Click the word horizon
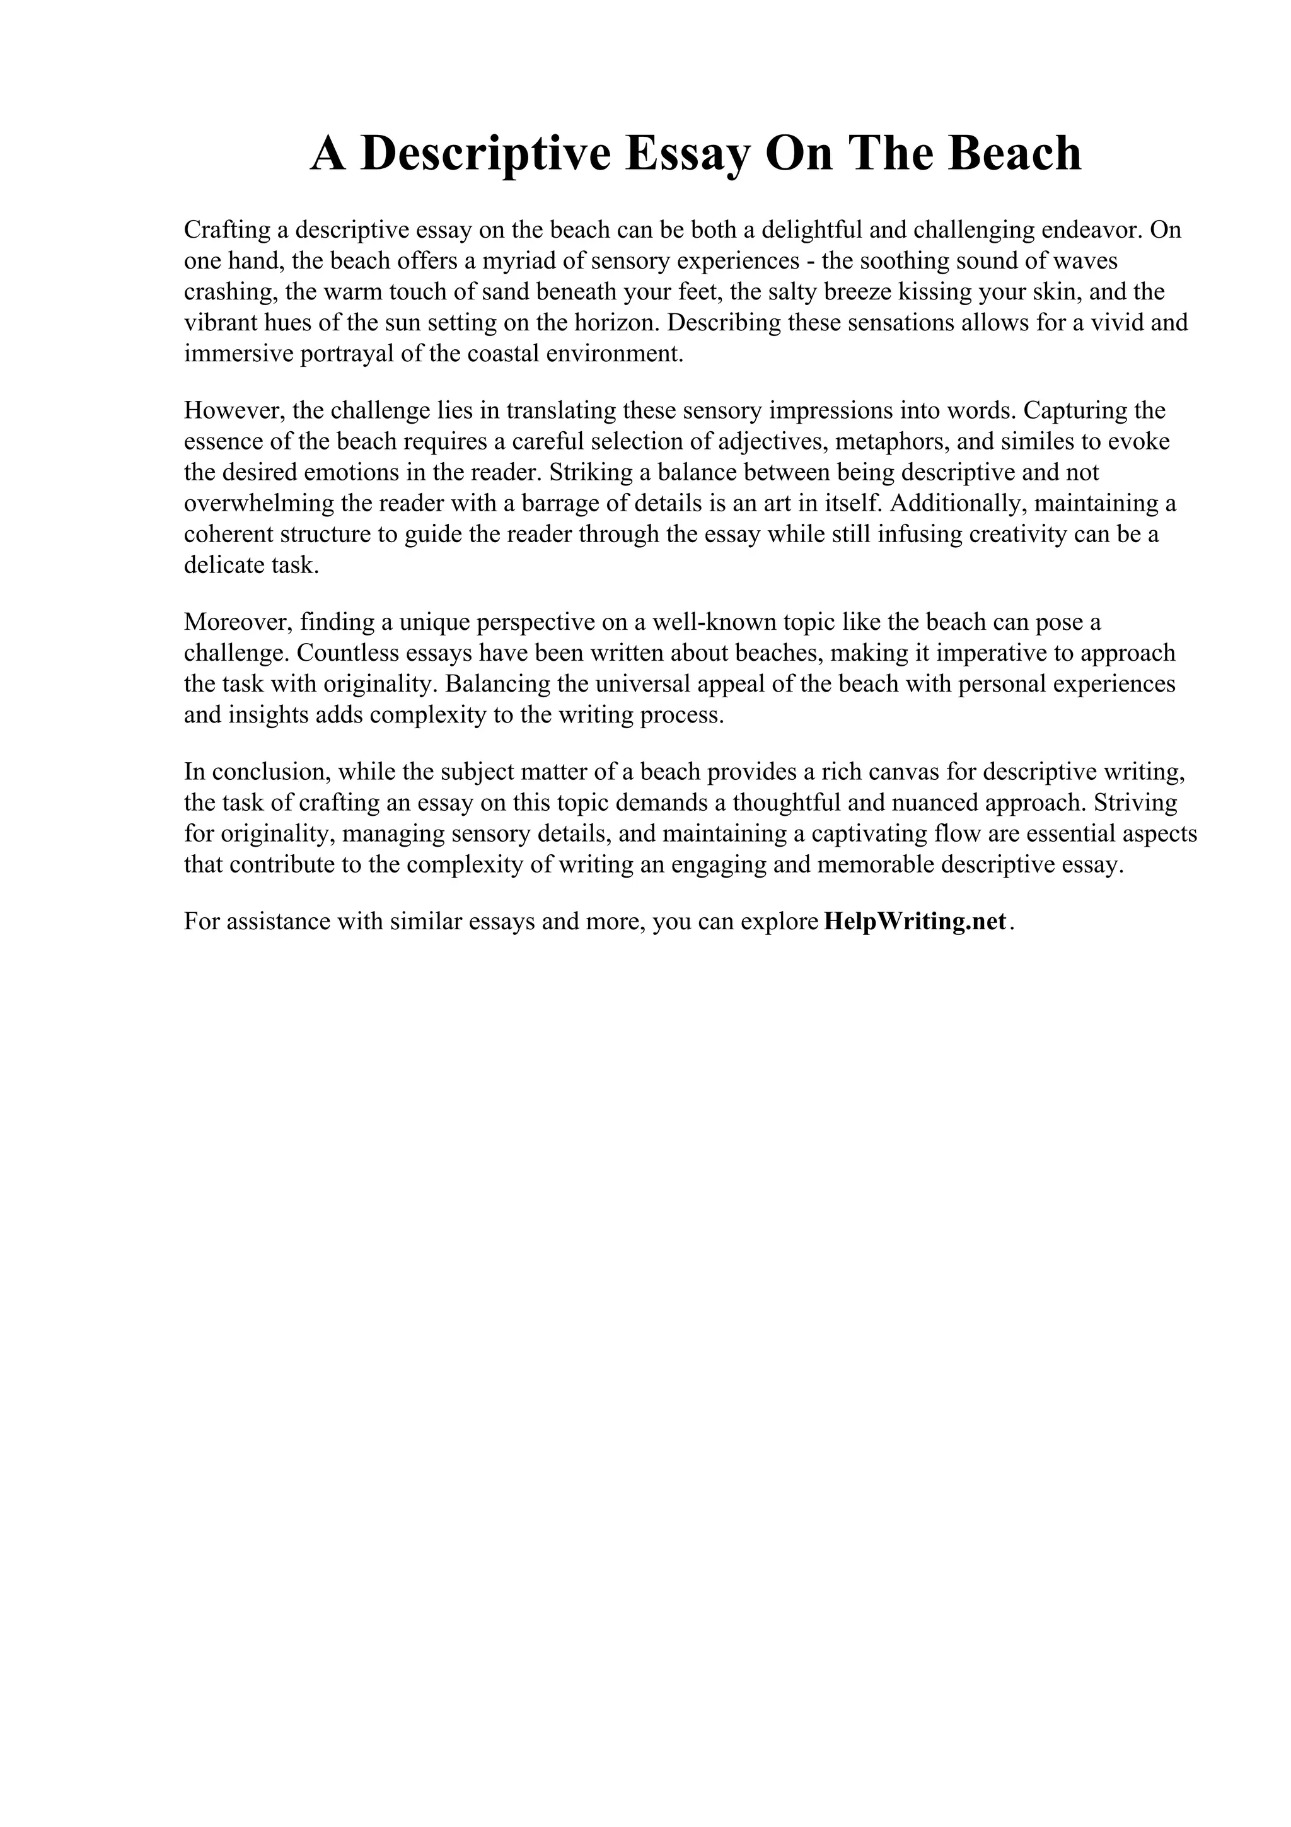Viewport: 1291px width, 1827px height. (617, 323)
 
